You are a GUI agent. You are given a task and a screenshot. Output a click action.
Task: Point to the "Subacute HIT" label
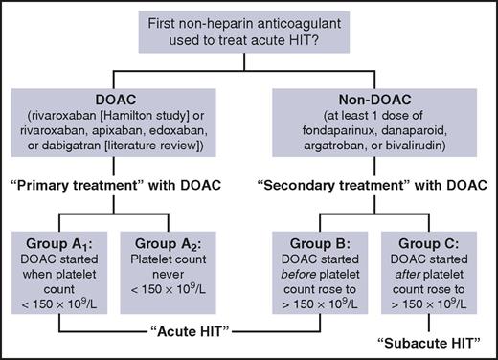pyautogui.click(x=434, y=342)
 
